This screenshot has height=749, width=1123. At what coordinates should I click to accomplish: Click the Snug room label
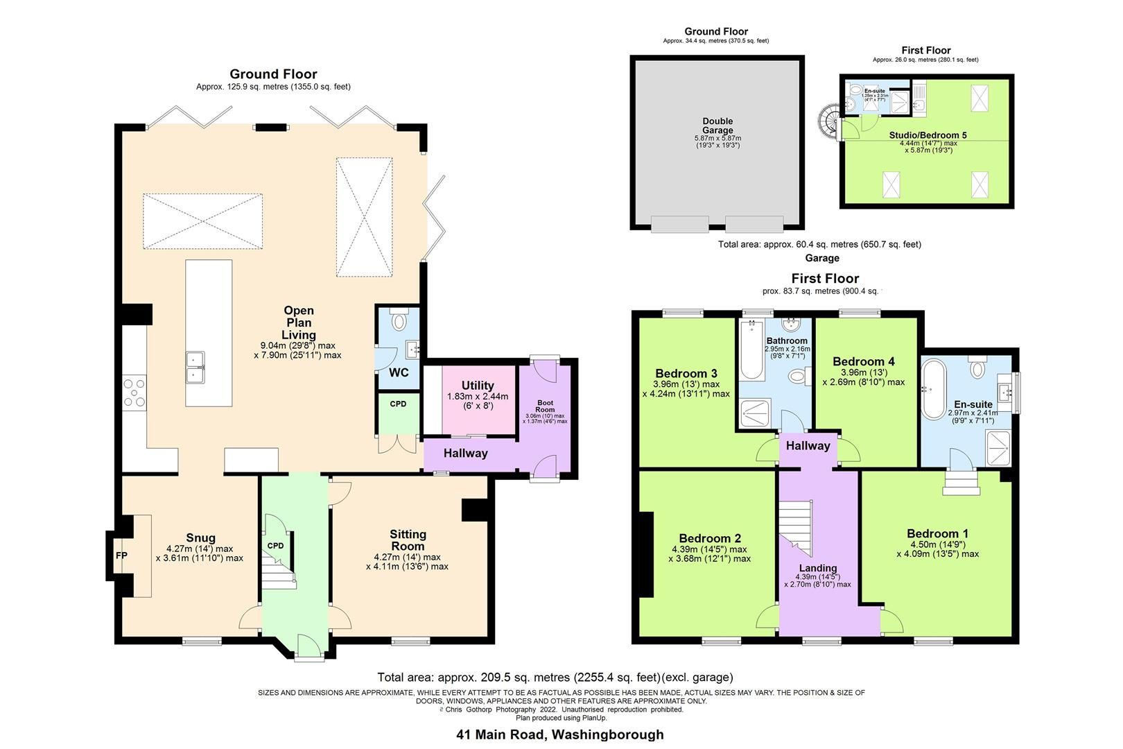click(200, 537)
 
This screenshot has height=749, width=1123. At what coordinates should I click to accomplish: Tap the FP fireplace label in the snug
click(121, 556)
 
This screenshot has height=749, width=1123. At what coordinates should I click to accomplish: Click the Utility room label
click(478, 386)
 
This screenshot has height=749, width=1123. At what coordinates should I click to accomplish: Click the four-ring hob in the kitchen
click(134, 393)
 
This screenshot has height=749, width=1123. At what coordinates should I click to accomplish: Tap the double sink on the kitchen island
click(195, 368)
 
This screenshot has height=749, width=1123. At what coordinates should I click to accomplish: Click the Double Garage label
click(717, 126)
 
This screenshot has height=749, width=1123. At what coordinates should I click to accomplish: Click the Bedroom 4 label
click(863, 361)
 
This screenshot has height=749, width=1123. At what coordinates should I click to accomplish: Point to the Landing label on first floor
click(818, 568)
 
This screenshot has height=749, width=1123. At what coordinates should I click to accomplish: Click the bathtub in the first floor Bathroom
click(750, 350)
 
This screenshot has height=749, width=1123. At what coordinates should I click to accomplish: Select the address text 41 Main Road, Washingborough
click(559, 734)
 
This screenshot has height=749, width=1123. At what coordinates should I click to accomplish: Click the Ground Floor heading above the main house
click(273, 74)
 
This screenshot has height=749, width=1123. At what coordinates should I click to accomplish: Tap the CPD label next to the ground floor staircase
click(276, 546)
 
